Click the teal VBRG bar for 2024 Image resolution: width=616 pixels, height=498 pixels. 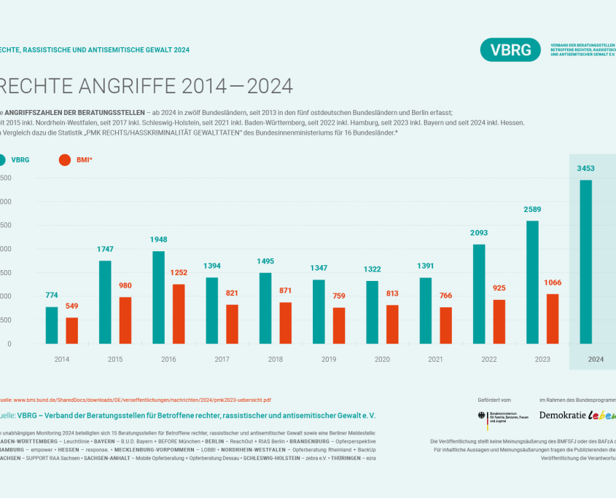(585, 261)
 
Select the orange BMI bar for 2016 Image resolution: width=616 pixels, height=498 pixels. (179, 313)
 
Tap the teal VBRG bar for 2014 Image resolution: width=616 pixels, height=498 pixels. (51, 325)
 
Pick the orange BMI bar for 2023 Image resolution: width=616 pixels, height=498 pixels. (553, 318)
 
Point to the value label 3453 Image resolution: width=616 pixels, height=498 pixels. (585, 168)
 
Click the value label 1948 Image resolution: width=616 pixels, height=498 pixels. (158, 240)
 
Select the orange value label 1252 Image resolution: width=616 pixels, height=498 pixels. (179, 272)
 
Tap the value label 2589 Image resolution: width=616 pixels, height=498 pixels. (532, 210)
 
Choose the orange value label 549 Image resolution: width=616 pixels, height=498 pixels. (71, 306)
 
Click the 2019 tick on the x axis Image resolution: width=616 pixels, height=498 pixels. (328, 359)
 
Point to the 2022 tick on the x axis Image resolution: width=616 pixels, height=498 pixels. (488, 359)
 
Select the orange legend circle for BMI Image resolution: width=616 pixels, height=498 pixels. (64, 159)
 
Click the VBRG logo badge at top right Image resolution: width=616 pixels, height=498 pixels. (510, 50)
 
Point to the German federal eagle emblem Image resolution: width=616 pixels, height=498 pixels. (481, 416)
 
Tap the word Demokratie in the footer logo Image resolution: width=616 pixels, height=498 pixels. (561, 415)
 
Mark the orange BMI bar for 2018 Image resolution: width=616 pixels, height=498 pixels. (286, 323)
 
